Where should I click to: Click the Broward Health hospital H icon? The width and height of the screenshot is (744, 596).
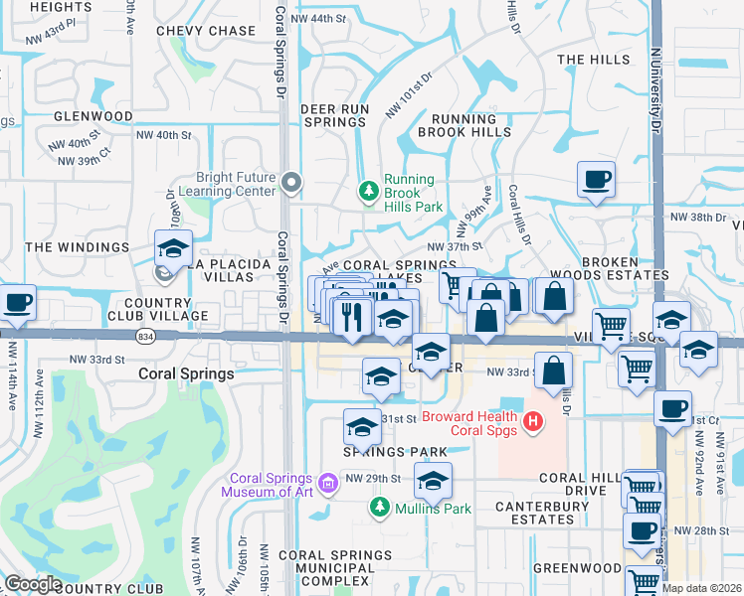pos(534,423)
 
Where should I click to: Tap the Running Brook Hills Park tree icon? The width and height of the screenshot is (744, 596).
pos(369,190)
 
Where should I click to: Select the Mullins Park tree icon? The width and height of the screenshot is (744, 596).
pos(378,509)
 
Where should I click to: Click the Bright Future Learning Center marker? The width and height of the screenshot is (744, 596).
pos(291,182)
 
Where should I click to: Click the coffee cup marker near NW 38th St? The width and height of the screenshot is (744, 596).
pos(596,180)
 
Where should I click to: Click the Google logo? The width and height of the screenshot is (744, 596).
pos(34,584)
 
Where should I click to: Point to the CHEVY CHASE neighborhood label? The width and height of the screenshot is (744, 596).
pos(206,31)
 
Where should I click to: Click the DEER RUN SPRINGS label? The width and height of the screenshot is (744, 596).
pos(335,115)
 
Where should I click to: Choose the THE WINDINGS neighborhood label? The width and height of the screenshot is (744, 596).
pos(78,246)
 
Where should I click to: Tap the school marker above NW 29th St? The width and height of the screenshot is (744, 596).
pos(433,481)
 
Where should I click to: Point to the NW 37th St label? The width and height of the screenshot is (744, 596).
pos(454,246)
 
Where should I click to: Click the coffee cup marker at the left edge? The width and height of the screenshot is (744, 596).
pos(17,302)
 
